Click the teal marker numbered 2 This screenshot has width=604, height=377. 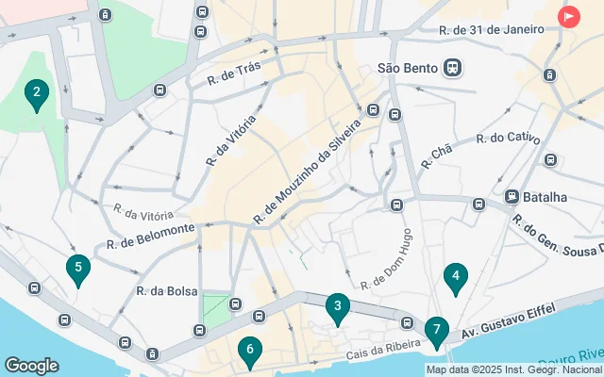point(36,93)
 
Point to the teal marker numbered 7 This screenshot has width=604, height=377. point(435,331)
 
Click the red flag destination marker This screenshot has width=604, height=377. point(569,17)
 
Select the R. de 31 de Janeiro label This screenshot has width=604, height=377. point(491,29)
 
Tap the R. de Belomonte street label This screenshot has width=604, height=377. point(150,236)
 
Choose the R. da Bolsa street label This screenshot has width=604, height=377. point(167,291)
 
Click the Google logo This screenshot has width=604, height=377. point(31,365)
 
